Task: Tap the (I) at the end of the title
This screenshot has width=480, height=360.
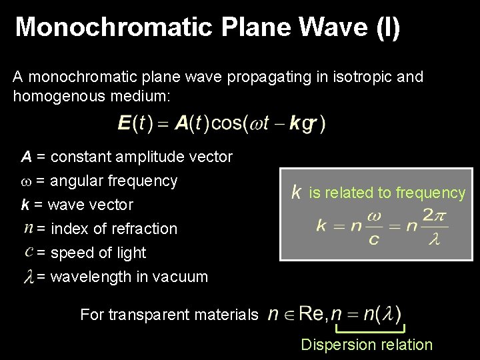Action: [387, 27]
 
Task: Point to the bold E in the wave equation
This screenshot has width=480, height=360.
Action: [125, 123]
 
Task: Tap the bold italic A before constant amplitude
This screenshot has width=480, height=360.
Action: [27, 157]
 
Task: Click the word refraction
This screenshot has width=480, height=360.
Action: [147, 229]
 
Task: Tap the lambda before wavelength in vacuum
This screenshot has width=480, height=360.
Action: [28, 277]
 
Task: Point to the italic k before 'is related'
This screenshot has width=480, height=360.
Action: [296, 193]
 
